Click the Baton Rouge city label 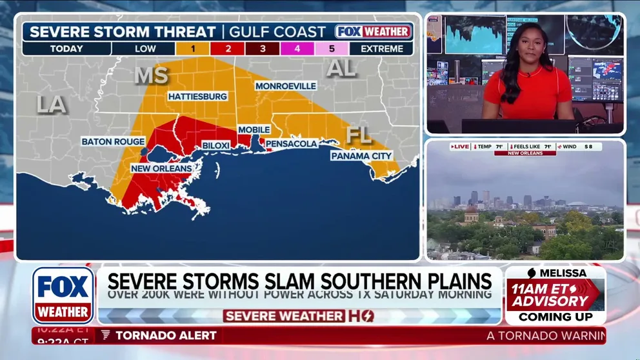click(x=113, y=141)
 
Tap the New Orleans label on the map click(x=161, y=168)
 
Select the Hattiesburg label click(x=197, y=96)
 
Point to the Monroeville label click(x=286, y=86)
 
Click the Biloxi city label click(x=216, y=146)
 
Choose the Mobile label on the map click(x=254, y=130)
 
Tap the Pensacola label click(x=292, y=143)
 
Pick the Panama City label click(x=361, y=156)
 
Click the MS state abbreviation click(x=151, y=75)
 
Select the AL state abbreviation click(x=341, y=68)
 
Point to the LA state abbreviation click(x=52, y=104)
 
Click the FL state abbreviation click(x=359, y=135)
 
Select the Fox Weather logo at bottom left click(x=63, y=295)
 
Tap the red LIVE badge click(x=461, y=147)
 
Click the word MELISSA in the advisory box click(x=559, y=273)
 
